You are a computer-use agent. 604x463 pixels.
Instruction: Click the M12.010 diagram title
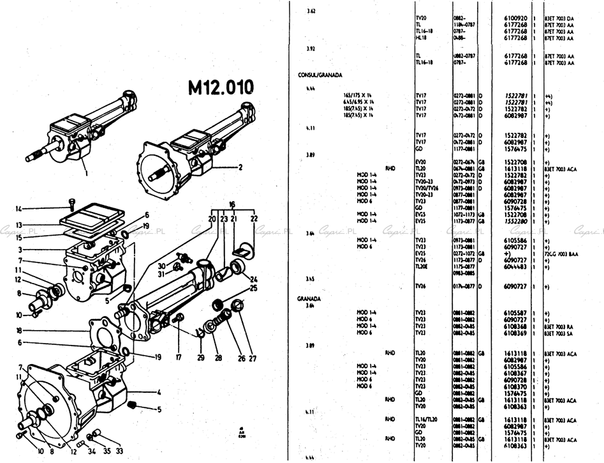point(220,87)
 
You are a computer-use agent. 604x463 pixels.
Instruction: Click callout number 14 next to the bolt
point(18,208)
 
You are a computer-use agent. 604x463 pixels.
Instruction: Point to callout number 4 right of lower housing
point(158,392)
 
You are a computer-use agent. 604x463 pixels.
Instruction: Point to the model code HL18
point(420,38)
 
